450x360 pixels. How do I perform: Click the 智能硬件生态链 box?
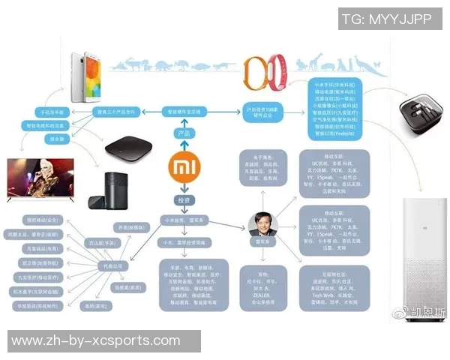184,111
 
